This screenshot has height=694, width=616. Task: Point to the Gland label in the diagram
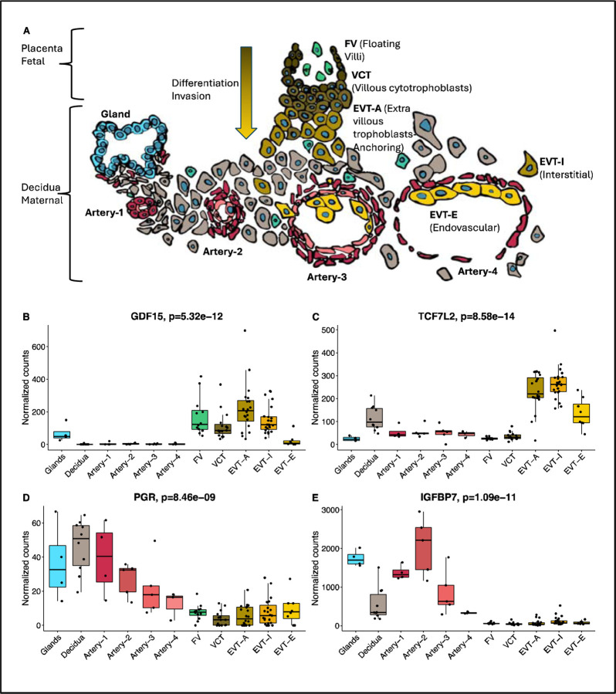click(113, 113)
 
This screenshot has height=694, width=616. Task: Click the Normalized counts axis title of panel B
click(26, 384)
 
